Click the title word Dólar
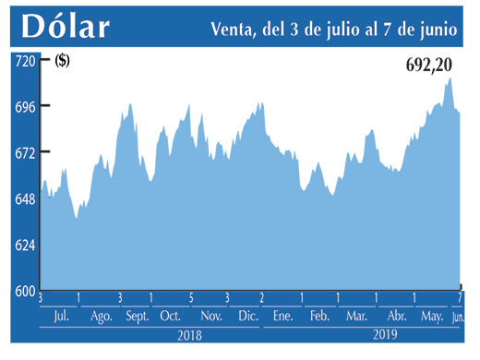coord(65,27)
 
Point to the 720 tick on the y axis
coord(23,60)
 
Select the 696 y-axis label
coord(23,106)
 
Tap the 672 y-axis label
coord(23,152)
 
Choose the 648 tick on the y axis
coord(23,198)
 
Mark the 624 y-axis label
coord(23,245)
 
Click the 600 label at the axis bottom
coord(23,291)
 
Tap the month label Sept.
coord(138,317)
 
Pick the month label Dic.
coord(248,317)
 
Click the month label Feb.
coord(319,317)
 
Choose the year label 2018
coord(189,336)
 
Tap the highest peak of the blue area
coord(450,78)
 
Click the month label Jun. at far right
coord(459,317)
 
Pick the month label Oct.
coord(170,317)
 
